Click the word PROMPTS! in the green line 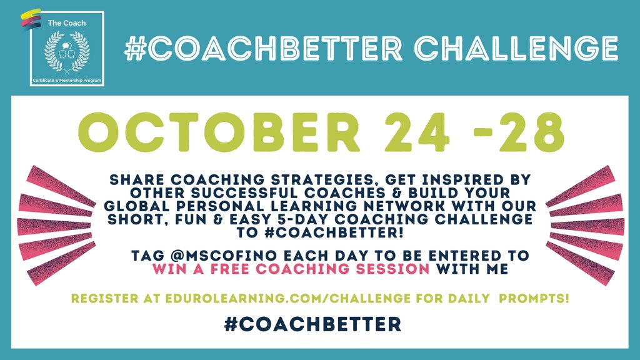(x=537, y=299)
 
